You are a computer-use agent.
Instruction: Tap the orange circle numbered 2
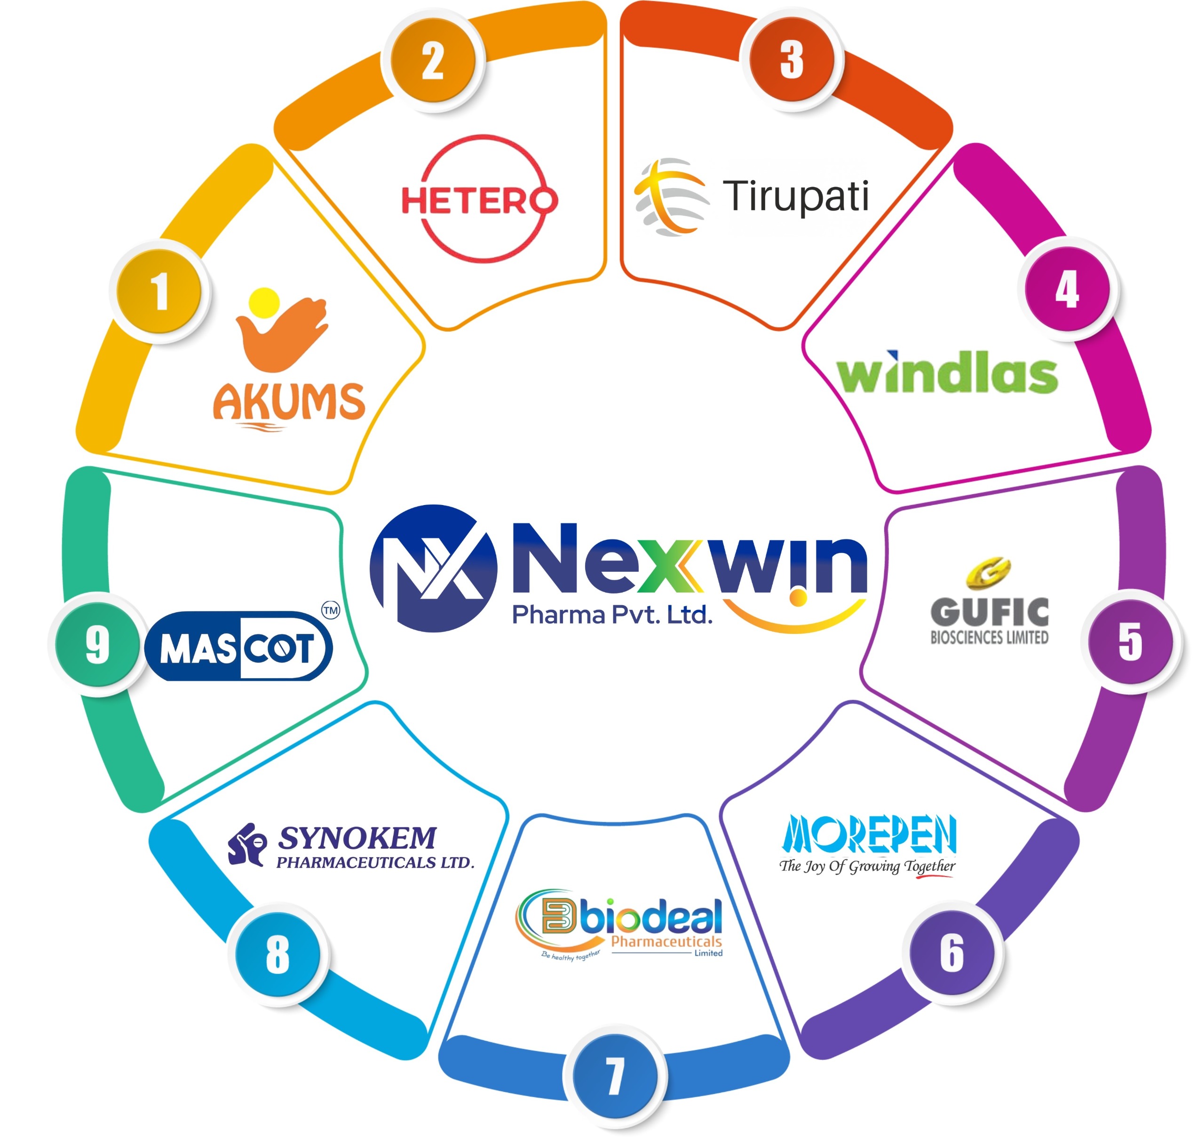[x=433, y=60]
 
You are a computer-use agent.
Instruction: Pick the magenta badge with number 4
[x=1068, y=289]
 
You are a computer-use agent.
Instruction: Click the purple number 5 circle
[x=1131, y=641]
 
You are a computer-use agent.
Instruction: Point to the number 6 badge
[x=951, y=952]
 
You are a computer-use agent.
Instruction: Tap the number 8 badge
[x=278, y=954]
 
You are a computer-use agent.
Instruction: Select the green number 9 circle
[x=97, y=644]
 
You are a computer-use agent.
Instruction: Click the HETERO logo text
[x=479, y=200]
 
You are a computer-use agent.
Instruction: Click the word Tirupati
[x=796, y=196]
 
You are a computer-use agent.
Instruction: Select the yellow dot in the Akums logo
[x=264, y=303]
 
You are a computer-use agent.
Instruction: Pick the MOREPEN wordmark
[x=869, y=834]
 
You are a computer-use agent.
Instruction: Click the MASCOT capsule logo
[x=238, y=646]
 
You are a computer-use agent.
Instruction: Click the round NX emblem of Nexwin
[x=433, y=569]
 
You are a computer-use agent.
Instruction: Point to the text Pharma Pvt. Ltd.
[x=612, y=615]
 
